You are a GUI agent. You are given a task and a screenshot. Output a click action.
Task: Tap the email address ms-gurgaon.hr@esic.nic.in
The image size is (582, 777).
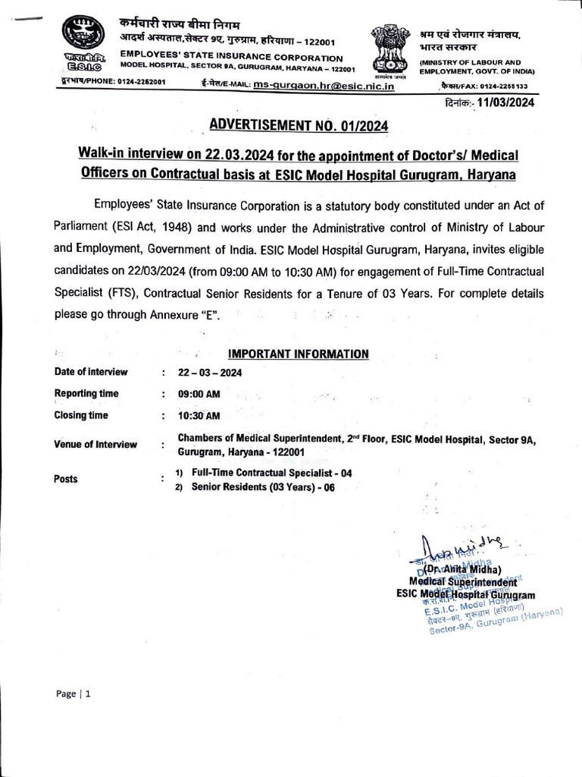tap(324, 87)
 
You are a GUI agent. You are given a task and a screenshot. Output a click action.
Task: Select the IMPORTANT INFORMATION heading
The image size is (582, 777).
tap(299, 354)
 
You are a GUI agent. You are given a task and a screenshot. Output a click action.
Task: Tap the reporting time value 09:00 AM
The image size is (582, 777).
tap(199, 394)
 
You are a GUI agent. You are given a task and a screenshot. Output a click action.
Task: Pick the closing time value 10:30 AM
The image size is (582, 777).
tap(199, 415)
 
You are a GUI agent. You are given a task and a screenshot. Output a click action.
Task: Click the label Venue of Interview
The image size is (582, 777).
tap(95, 445)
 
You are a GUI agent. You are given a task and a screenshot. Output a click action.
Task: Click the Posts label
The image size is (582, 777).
tap(67, 479)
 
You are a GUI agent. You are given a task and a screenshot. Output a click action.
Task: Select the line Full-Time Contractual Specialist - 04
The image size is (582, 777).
tap(271, 473)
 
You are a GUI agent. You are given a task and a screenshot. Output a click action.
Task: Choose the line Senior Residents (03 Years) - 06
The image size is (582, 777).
tap(262, 487)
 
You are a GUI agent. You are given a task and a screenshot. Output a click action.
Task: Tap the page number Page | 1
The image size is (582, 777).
tap(74, 694)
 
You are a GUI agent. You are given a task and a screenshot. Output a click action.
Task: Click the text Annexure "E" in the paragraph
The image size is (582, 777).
tap(183, 315)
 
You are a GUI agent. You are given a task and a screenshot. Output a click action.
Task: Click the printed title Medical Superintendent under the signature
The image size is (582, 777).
tap(463, 583)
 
